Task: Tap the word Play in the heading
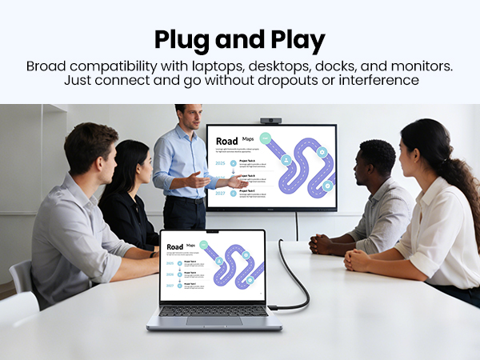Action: tap(297, 39)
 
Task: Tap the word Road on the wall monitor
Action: tap(227, 142)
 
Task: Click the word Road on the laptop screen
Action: tap(174, 246)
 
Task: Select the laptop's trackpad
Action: tap(214, 320)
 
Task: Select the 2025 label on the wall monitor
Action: tap(221, 163)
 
